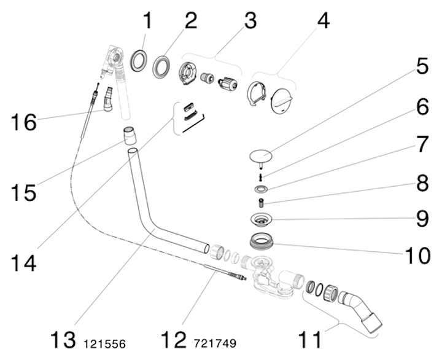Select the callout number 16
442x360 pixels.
23,121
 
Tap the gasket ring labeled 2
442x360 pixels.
162,66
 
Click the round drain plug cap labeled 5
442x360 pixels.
263,155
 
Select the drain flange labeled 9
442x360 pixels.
262,219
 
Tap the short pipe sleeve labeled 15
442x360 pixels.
130,135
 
